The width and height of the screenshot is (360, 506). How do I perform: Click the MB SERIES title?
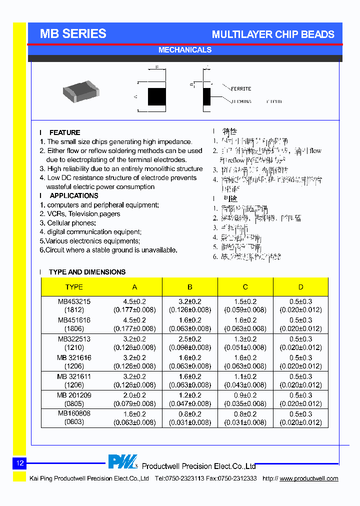click(73, 33)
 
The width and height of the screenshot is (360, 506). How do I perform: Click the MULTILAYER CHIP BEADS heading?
click(273, 34)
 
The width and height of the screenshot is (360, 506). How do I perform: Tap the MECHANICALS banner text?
click(184, 50)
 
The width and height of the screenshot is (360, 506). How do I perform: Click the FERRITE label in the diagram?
click(241, 88)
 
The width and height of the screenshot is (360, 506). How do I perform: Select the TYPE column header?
click(74, 287)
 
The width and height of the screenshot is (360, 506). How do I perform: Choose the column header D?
click(300, 287)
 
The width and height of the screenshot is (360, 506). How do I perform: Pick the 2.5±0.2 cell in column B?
click(190, 339)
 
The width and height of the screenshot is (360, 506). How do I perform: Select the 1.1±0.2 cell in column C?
click(245, 376)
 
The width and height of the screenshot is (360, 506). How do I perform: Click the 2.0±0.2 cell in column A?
click(134, 395)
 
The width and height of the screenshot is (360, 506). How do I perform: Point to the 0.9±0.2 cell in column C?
click(245, 395)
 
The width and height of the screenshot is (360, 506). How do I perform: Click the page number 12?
click(20, 463)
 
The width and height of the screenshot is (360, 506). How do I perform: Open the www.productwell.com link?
click(308, 478)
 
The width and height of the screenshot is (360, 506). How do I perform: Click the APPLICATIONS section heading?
click(74, 195)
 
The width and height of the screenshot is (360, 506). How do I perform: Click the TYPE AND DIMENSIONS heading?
click(87, 272)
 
